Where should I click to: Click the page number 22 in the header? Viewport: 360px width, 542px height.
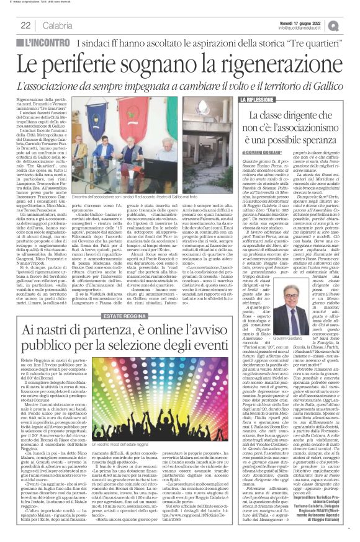(25, 25)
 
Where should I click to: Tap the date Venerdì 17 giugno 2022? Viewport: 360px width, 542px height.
(299, 21)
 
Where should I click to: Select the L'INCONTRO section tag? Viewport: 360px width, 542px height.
(45, 43)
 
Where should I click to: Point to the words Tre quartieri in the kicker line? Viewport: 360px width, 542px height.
(307, 43)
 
